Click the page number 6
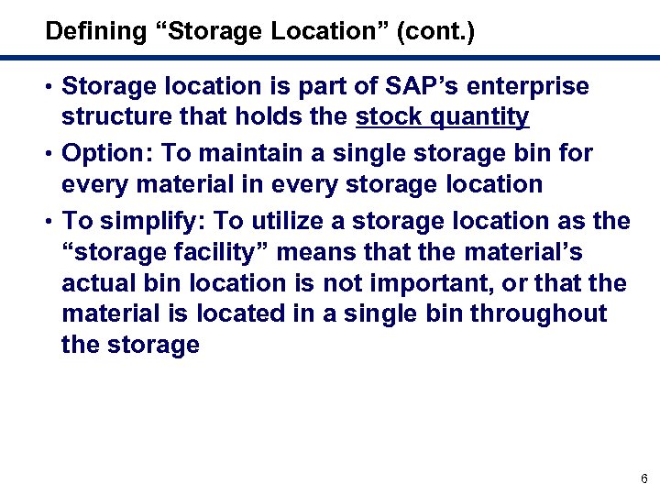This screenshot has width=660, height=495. click(x=644, y=478)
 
